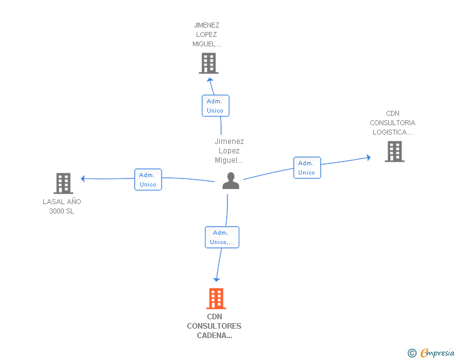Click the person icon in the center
coord(231,181)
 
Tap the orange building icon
coord(216,299)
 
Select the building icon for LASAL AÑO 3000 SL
coord(63,183)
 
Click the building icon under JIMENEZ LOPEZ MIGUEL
coord(209,63)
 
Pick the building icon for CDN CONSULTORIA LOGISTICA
coord(395,152)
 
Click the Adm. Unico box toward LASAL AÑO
coord(148,180)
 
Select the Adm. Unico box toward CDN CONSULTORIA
coord(307,168)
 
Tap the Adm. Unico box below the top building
coord(215,106)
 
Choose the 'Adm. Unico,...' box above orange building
coord(222,237)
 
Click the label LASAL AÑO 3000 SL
coord(61,206)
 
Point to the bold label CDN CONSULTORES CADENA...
coord(214,326)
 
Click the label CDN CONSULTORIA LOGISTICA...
coord(392,123)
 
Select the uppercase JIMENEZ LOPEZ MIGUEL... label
coord(207,34)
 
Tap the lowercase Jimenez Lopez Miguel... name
coord(229,151)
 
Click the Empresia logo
coord(437,352)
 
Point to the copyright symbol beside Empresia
coord(412,353)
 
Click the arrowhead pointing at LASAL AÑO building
coord(83,178)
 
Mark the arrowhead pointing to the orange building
coord(217,280)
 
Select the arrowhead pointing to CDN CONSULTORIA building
coord(369,157)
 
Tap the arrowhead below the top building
coord(210,80)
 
